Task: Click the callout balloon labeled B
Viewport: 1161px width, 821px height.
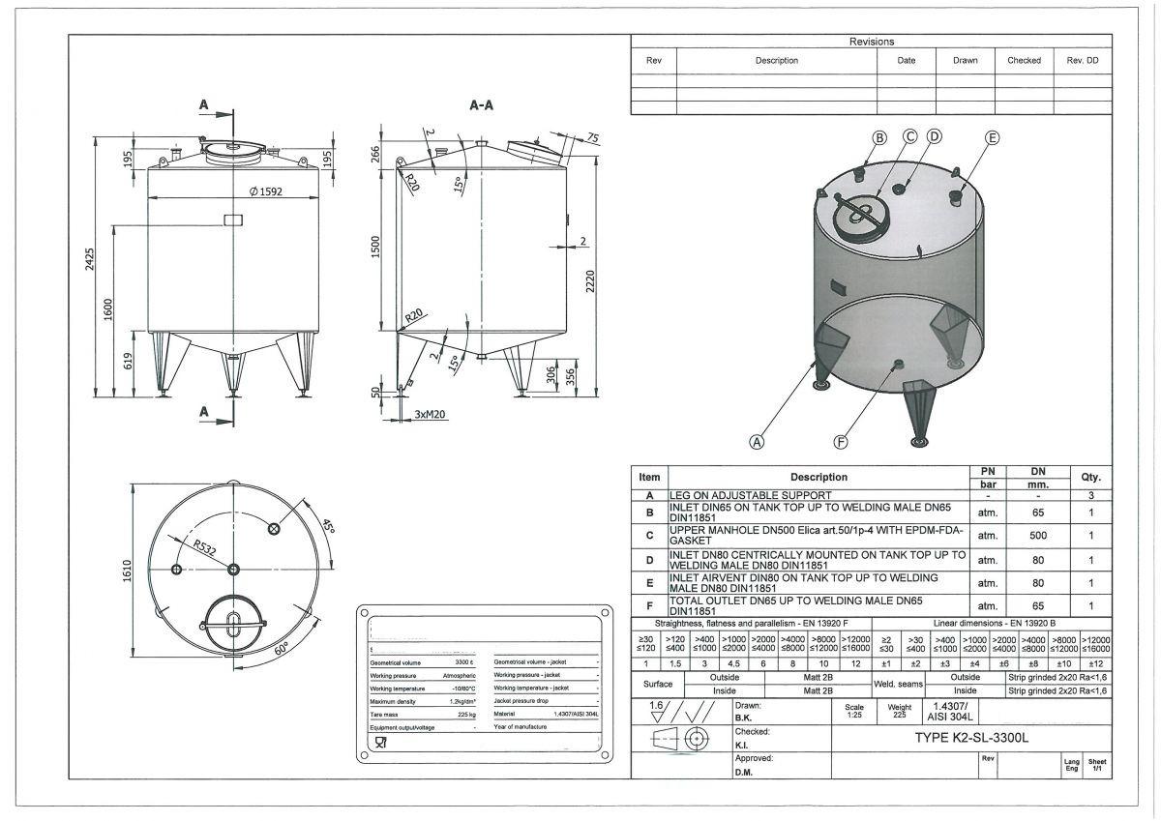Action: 879,137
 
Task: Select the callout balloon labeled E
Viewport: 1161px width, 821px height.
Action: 992,137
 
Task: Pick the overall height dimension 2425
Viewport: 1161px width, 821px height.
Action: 90,259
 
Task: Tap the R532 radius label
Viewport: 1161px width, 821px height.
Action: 203,548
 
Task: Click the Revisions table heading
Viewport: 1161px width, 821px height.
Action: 872,42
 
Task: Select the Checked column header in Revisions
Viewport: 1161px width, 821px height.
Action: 1024,60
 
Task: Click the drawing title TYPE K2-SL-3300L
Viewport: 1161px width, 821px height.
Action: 971,738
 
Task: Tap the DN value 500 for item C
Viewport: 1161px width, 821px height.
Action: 1037,535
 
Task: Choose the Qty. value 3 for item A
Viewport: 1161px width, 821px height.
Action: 1090,495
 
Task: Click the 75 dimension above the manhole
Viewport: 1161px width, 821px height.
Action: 592,137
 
